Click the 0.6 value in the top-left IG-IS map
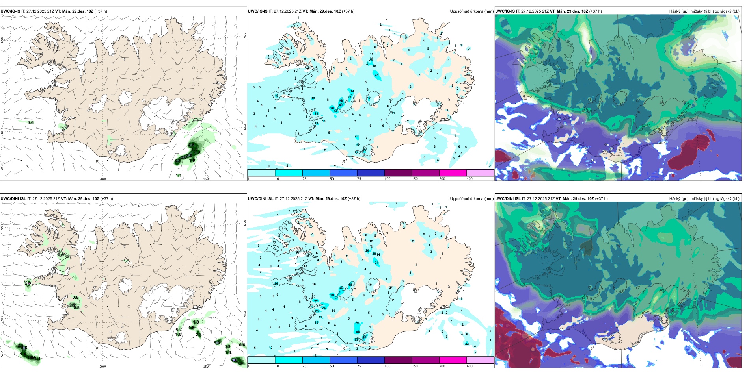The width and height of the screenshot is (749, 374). (30, 122)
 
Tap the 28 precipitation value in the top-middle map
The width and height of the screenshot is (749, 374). (376, 75)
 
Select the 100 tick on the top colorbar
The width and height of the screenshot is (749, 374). (388, 179)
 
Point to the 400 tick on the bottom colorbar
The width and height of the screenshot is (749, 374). (470, 366)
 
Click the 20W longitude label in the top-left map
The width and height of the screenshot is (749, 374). (102, 179)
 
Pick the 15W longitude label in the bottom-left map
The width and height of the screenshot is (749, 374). (206, 367)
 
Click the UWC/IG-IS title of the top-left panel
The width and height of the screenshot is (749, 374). (10, 11)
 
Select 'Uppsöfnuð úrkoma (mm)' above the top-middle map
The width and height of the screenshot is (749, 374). (471, 11)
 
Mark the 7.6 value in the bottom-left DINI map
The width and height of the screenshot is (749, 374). (235, 360)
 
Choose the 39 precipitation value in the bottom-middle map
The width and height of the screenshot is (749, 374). (332, 295)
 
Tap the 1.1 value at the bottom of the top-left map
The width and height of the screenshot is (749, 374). (179, 175)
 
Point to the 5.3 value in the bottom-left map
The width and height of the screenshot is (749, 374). (217, 343)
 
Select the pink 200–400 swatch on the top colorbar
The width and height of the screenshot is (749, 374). (453, 173)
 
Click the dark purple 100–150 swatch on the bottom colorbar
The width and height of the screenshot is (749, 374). (398, 360)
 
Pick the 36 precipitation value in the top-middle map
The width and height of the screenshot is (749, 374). (332, 108)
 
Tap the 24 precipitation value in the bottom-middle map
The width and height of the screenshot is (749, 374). (324, 308)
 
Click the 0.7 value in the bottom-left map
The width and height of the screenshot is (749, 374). (179, 330)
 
